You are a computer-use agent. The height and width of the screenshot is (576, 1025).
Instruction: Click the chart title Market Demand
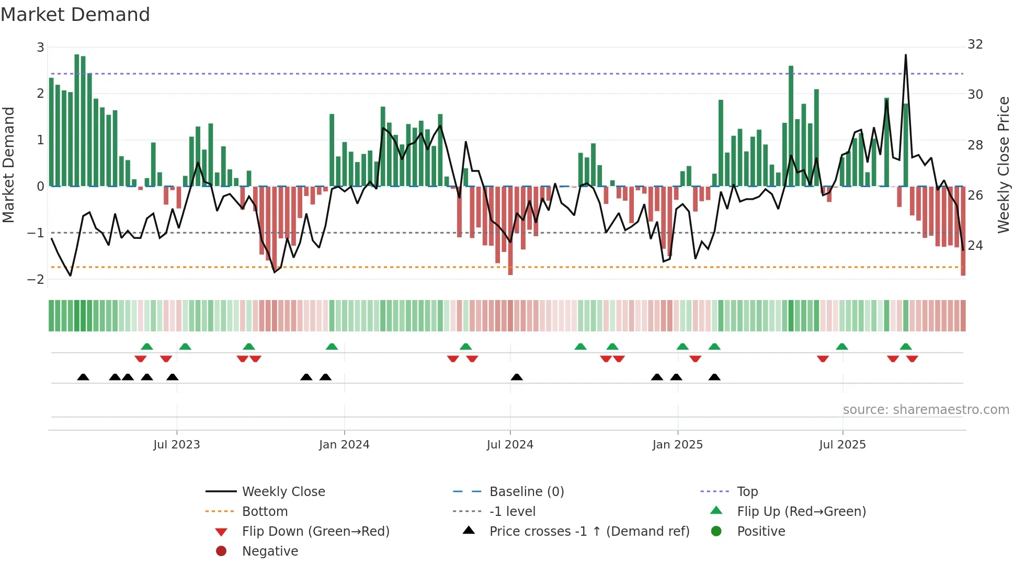[75, 14]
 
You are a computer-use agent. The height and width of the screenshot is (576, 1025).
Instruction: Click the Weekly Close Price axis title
[1003, 165]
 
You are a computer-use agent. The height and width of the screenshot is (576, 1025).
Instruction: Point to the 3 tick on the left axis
[40, 48]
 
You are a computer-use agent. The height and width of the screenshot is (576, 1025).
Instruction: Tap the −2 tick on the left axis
[36, 279]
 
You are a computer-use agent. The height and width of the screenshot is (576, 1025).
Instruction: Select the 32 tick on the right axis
[975, 44]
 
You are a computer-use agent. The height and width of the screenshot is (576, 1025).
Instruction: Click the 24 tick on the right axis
[975, 245]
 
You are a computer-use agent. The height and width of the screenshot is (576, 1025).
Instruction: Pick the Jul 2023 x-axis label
[177, 444]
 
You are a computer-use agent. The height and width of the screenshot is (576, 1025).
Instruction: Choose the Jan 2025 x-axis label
[677, 444]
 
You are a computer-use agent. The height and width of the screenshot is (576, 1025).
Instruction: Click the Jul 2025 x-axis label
[842, 444]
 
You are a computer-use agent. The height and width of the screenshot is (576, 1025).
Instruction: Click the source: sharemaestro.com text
[926, 409]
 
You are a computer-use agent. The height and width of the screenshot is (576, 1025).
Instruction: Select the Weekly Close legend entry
[283, 491]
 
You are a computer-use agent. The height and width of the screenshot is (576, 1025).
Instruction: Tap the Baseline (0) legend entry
[526, 491]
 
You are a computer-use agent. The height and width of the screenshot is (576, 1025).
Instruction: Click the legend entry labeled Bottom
[265, 511]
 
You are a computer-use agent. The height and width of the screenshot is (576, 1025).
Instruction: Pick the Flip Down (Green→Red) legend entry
[315, 531]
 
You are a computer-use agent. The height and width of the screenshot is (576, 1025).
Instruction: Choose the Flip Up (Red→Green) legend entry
[801, 511]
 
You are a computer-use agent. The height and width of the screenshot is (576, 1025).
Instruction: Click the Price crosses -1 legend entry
[589, 531]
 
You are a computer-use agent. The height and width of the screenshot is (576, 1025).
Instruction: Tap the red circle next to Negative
[221, 551]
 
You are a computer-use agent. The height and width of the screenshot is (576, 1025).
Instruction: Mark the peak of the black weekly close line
[906, 55]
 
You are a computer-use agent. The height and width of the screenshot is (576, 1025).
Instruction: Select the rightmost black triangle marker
[714, 377]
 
